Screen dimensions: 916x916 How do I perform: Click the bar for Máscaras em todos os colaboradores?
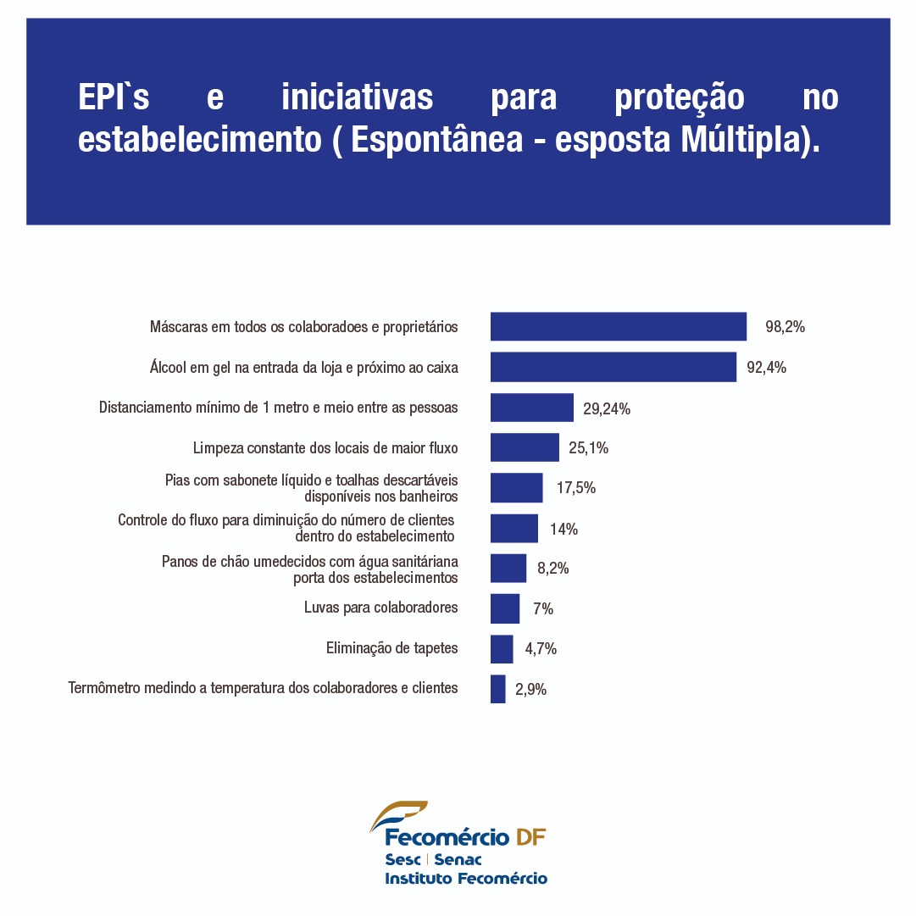tap(618, 326)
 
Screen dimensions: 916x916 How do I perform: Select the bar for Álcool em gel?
tap(613, 367)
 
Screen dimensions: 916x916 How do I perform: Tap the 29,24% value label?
tap(607, 408)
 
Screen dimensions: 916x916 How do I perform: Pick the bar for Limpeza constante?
tap(525, 447)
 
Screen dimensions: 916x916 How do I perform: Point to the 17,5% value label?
tap(576, 488)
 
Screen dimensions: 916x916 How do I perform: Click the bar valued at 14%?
tap(514, 529)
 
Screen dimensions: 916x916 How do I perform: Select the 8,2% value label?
tap(552, 569)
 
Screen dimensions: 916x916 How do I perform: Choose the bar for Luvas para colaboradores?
tap(504, 608)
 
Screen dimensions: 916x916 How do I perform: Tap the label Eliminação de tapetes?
tap(391, 648)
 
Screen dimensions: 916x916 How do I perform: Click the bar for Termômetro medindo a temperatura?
tap(497, 689)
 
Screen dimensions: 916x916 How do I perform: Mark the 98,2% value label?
tap(785, 327)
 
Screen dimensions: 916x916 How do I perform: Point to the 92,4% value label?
tap(766, 368)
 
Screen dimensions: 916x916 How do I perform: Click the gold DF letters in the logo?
tap(530, 838)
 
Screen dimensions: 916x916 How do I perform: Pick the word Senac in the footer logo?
tap(458, 859)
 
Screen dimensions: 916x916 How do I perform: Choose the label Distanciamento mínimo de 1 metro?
tap(278, 408)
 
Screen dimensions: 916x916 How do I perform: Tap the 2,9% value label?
tap(530, 690)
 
